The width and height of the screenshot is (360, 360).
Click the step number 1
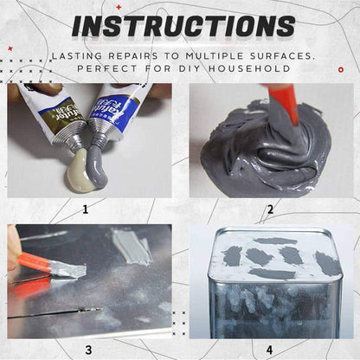pos(85,209)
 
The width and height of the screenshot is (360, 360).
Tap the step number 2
pos(270,209)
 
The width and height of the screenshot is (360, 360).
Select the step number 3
pos(87,349)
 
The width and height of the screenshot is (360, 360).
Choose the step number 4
pos(270,349)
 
